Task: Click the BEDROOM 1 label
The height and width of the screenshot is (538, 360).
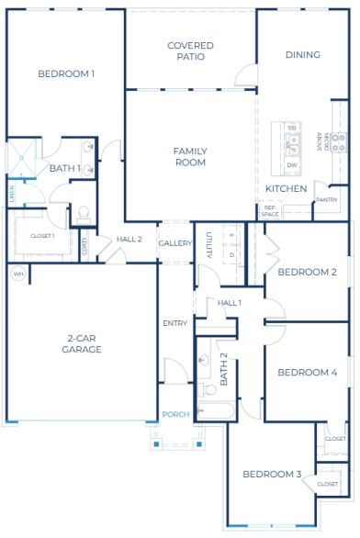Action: pyautogui.click(x=65, y=73)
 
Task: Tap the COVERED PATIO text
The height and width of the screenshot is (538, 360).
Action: pyautogui.click(x=190, y=50)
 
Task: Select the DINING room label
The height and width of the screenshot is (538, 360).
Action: pyautogui.click(x=302, y=55)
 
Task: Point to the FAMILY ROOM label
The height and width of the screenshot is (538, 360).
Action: pyautogui.click(x=189, y=156)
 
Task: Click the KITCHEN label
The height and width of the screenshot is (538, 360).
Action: pyautogui.click(x=286, y=188)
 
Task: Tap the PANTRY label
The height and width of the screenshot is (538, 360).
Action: pyautogui.click(x=326, y=199)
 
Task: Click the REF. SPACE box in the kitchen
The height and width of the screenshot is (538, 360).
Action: pyautogui.click(x=270, y=211)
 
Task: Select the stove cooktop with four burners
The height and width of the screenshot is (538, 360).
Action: pyautogui.click(x=337, y=142)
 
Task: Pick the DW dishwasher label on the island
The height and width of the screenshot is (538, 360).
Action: pyautogui.click(x=292, y=164)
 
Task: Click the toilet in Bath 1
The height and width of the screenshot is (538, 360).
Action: pyautogui.click(x=84, y=213)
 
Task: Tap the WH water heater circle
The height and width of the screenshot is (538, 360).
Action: pyautogui.click(x=17, y=273)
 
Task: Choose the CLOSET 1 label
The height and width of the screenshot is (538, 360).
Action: pyautogui.click(x=42, y=236)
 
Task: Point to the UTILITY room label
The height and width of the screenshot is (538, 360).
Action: pyautogui.click(x=209, y=245)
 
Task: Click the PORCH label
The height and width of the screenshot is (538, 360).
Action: pyautogui.click(x=175, y=414)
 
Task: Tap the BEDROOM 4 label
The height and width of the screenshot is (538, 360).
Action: pyautogui.click(x=308, y=372)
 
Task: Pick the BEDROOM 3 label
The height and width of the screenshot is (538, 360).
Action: pyautogui.click(x=272, y=474)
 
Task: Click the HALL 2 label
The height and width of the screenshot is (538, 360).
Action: pyautogui.click(x=129, y=239)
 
